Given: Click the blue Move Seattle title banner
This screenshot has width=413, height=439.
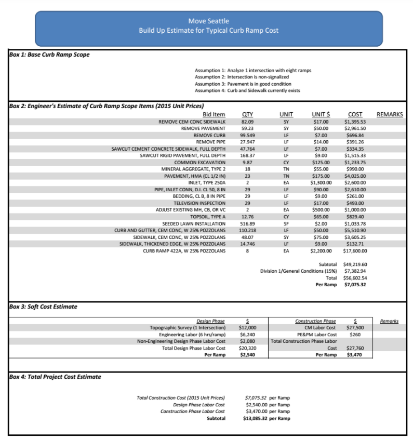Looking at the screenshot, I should click(208, 26).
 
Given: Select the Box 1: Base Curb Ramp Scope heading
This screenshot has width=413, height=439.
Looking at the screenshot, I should click(49, 55).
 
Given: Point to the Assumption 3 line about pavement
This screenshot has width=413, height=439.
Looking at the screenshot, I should click(243, 84).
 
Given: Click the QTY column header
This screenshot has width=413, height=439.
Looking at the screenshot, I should click(247, 114).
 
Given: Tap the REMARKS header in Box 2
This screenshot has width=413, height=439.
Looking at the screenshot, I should click(390, 114).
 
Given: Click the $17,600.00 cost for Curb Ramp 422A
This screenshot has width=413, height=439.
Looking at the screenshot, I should click(355, 251).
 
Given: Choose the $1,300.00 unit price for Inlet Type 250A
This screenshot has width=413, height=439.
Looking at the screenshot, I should click(321, 183).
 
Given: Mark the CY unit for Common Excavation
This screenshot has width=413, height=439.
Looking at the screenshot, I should click(286, 163).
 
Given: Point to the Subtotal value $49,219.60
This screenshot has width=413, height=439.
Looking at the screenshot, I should click(355, 264).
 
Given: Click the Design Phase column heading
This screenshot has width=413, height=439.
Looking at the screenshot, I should click(211, 321).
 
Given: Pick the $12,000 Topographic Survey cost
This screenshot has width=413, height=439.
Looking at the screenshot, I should click(247, 328).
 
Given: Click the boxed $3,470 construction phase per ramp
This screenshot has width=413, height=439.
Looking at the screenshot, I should click(354, 354).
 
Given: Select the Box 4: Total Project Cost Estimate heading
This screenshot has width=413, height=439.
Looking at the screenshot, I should click(55, 377).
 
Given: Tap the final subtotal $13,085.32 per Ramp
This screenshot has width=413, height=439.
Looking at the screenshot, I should click(267, 418).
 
